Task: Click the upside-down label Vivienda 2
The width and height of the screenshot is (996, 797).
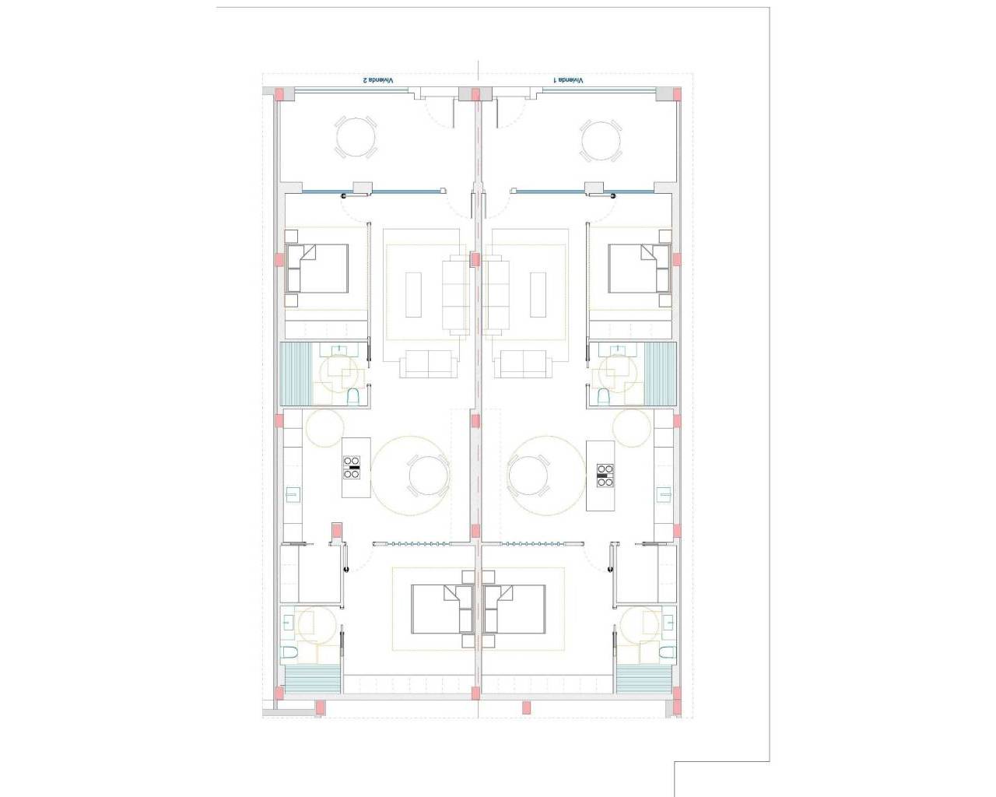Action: click(378, 80)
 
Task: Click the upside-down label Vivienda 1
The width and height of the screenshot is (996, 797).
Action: click(569, 80)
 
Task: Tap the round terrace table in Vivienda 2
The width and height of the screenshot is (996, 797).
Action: click(356, 138)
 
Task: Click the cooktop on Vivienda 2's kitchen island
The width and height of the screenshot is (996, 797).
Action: click(352, 467)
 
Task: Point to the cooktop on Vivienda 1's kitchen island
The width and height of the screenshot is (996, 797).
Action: click(605, 475)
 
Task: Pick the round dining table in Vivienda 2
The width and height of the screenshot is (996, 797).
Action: click(428, 476)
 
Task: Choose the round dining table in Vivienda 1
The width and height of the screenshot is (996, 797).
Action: click(528, 476)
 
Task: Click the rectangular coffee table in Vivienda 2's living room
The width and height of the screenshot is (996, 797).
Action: click(413, 294)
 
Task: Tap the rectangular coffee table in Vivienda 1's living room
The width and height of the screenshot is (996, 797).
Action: click(538, 294)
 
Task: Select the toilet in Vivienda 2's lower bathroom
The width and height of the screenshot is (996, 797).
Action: click(289, 651)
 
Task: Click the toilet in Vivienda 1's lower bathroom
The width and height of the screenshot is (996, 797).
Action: click(667, 651)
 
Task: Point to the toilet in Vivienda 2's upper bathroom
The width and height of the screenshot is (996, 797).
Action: click(353, 397)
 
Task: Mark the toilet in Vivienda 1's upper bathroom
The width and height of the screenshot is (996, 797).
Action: click(603, 397)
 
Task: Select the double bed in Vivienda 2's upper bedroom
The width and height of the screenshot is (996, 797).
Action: click(317, 269)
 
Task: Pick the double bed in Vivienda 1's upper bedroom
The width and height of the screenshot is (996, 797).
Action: click(639, 269)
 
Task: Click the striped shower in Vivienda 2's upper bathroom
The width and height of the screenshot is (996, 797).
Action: click(296, 374)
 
